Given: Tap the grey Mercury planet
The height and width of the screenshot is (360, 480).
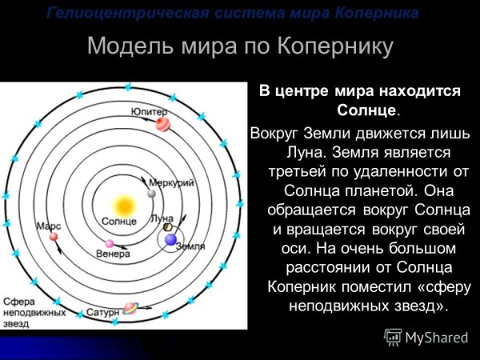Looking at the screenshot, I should (x=151, y=194).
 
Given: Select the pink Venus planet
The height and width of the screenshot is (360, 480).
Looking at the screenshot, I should (x=110, y=243).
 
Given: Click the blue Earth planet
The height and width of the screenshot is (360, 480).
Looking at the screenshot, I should (x=170, y=238).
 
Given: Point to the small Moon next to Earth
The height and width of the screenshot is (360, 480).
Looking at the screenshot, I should (x=167, y=228).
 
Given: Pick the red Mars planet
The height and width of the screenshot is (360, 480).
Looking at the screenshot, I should (x=54, y=236).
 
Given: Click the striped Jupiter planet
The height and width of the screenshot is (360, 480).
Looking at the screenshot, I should (x=162, y=123).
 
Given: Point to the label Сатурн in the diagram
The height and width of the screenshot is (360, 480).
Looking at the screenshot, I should (x=102, y=311).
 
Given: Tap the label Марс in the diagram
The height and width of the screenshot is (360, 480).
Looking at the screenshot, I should (x=49, y=226).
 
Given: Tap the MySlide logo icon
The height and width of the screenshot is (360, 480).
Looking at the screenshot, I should (x=393, y=337).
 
